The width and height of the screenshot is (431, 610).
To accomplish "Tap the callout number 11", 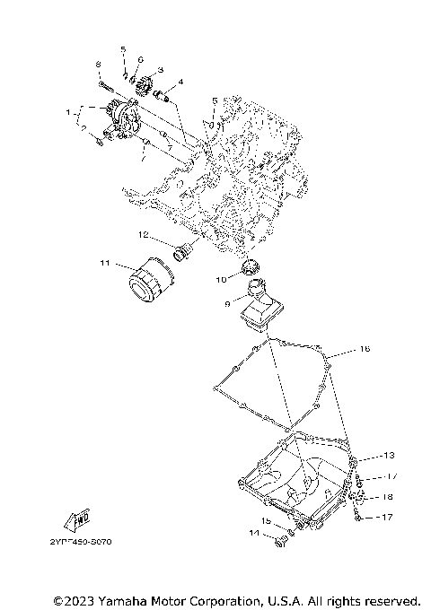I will click(104, 263).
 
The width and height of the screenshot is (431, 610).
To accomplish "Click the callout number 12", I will click(143, 235).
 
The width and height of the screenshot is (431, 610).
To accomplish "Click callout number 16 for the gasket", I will click(365, 348).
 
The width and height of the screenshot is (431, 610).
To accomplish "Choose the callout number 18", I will click(388, 495).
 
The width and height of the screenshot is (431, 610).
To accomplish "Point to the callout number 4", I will click(181, 82).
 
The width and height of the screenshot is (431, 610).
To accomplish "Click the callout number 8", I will click(97, 65).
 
